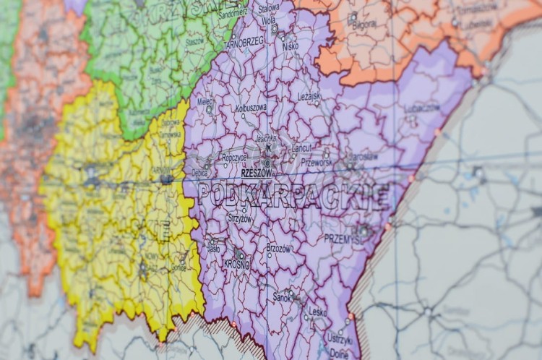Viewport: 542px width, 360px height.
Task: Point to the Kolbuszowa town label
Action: pos(251,108)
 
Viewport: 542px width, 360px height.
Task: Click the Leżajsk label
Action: pos(309,96)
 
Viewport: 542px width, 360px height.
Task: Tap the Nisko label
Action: pos(291,46)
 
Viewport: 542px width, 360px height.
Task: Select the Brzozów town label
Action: pos(278,247)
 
